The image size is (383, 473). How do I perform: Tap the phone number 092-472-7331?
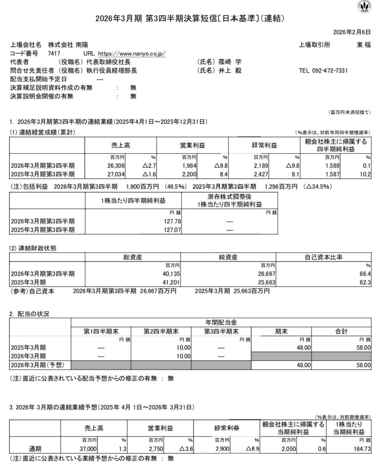point(330,71)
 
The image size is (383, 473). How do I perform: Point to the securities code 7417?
point(54,54)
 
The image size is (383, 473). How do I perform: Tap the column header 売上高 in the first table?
point(121,145)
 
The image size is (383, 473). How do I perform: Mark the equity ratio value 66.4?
point(365,273)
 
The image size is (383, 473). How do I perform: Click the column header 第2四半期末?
point(161,331)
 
